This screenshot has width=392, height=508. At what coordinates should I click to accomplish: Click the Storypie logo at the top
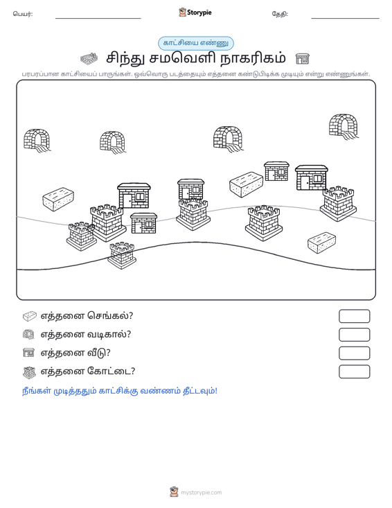(x=195, y=12)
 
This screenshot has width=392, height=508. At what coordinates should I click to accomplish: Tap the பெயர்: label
(x=23, y=14)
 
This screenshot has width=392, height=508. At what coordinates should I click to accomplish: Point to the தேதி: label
(x=280, y=14)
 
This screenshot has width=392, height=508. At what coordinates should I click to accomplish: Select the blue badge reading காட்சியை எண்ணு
(x=196, y=43)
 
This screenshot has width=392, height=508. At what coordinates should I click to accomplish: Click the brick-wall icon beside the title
(x=89, y=59)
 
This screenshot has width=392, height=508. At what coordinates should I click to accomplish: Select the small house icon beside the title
(x=303, y=59)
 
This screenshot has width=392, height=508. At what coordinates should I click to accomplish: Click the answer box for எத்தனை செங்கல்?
(x=354, y=316)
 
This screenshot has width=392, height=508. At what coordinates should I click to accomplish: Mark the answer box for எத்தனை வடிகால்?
(x=354, y=335)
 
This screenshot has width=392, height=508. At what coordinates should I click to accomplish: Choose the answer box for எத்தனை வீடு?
(x=354, y=353)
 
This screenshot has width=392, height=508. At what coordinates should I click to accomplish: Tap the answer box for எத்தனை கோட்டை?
(x=354, y=371)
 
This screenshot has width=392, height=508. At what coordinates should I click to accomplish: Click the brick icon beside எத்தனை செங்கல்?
(x=30, y=316)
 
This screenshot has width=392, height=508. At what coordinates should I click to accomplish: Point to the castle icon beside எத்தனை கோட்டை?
(x=30, y=372)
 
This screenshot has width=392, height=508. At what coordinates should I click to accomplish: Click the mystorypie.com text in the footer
(x=202, y=493)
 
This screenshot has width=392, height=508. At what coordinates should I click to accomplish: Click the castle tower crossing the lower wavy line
(x=122, y=256)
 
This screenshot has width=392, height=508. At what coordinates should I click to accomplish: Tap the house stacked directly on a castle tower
(x=191, y=189)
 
